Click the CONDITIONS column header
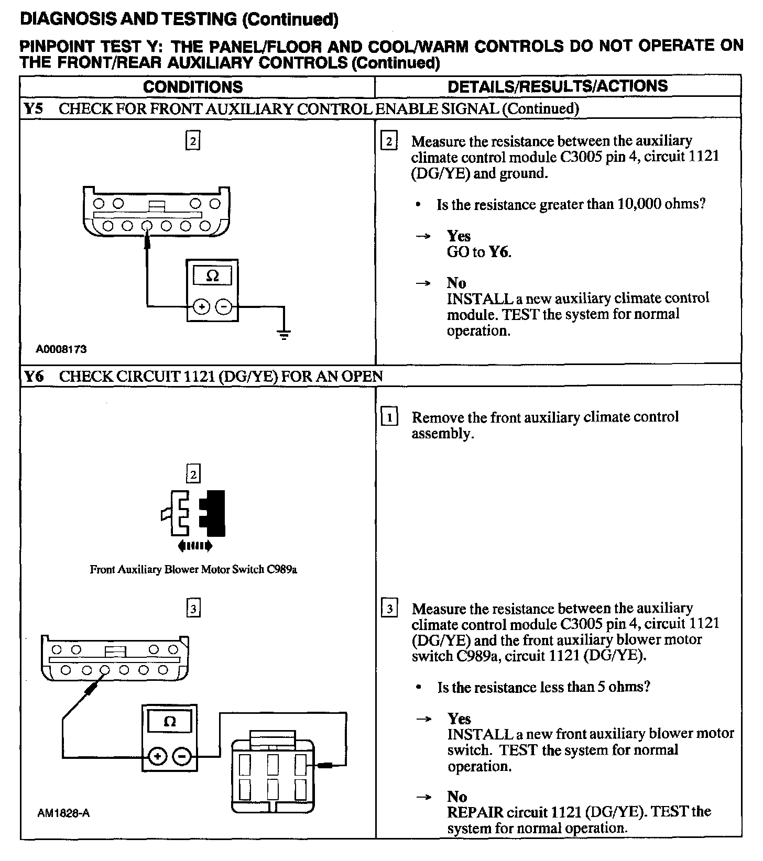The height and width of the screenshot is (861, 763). (193, 86)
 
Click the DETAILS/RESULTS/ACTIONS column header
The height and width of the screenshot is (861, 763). (558, 86)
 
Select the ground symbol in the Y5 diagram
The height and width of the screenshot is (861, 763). (284, 334)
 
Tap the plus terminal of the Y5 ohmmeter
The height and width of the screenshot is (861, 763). (201, 307)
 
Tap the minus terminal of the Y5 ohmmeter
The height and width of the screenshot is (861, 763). (224, 307)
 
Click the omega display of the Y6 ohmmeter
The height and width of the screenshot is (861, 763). (170, 722)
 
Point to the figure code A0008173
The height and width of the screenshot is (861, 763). (61, 349)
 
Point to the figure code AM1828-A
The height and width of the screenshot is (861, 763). (63, 813)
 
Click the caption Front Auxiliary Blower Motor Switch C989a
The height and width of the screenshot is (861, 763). (193, 569)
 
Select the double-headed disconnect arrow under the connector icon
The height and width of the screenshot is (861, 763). (195, 546)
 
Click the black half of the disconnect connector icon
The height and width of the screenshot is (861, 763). (214, 513)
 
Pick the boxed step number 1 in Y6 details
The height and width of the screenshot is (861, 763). (389, 418)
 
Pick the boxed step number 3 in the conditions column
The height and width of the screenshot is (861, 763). (193, 609)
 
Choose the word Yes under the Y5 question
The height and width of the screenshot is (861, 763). (459, 236)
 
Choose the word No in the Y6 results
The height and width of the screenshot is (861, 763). (457, 797)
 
